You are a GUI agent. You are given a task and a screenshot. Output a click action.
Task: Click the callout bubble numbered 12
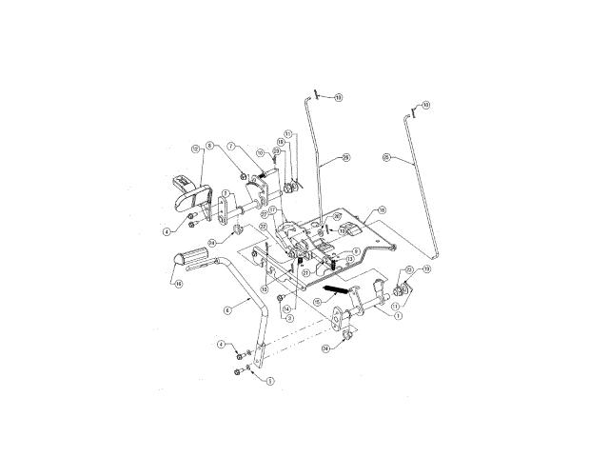click(x=195, y=149)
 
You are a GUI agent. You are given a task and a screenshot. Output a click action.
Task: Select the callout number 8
click(x=222, y=146)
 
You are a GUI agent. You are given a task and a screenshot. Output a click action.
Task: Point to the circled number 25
click(x=386, y=157)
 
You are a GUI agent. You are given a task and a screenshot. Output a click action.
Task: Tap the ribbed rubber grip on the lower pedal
click(x=190, y=257)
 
